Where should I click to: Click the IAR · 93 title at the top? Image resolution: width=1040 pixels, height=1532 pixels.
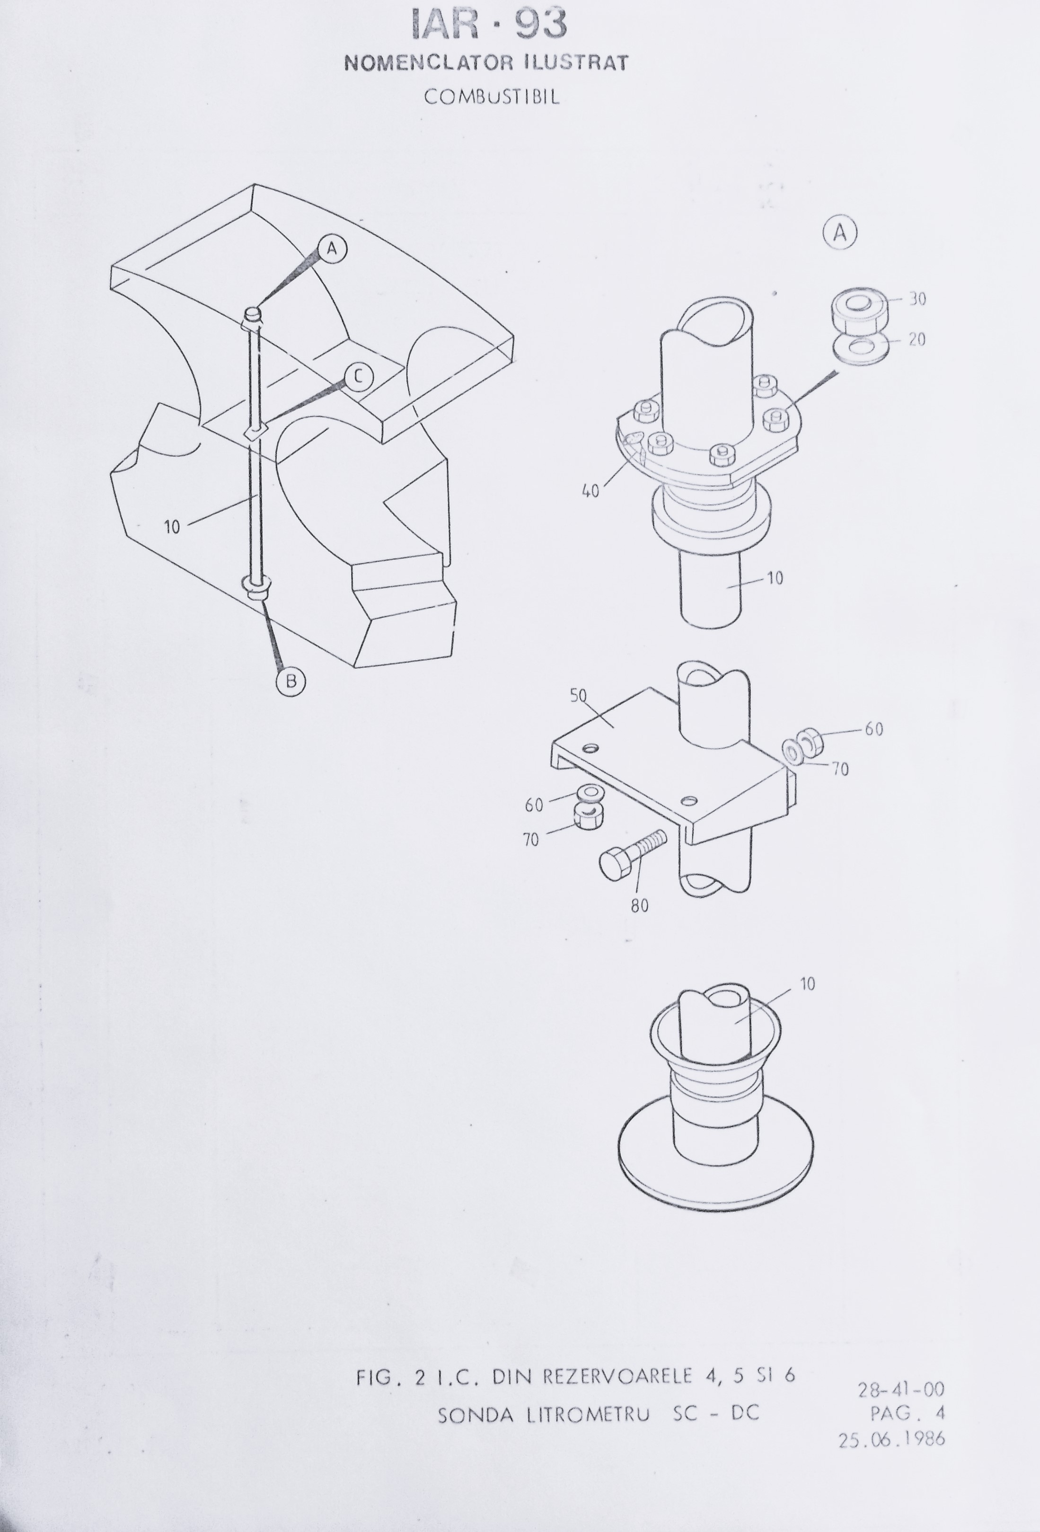point(488,25)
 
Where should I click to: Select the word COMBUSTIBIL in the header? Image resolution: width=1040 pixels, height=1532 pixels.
point(492,97)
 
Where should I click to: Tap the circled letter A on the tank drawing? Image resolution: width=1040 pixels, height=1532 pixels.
point(332,248)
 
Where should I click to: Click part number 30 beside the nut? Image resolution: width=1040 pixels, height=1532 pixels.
point(917,299)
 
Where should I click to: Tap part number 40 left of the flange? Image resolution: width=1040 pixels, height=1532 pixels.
point(591,491)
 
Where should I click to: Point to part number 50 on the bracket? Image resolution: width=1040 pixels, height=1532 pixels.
point(578,696)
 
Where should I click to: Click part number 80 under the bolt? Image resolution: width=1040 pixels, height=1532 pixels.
point(639,906)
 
